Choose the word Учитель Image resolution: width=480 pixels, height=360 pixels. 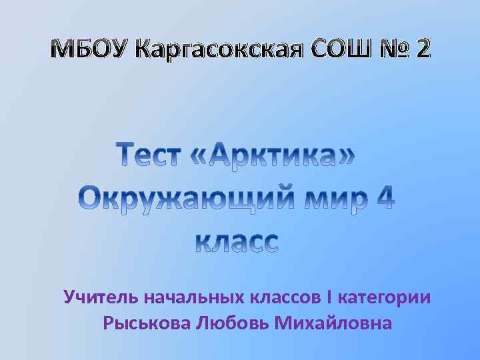(x=93, y=296)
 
